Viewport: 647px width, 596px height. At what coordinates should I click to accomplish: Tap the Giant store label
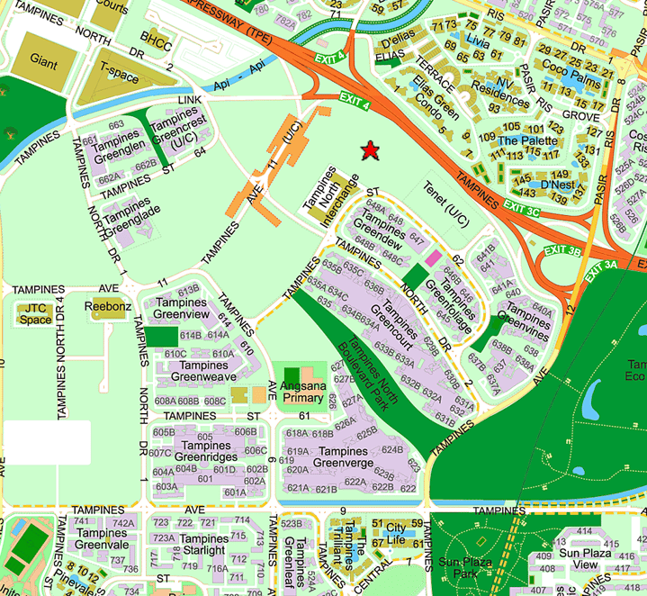43,63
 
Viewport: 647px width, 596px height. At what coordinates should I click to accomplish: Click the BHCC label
157,41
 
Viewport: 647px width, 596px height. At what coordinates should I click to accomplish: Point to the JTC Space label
35,313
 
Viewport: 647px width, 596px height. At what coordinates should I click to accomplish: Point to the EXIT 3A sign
603,266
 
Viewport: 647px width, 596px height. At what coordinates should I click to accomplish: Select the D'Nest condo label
558,185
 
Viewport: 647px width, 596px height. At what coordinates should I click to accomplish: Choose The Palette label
520,140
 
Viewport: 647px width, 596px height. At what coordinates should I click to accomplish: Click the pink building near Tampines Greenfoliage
434,258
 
